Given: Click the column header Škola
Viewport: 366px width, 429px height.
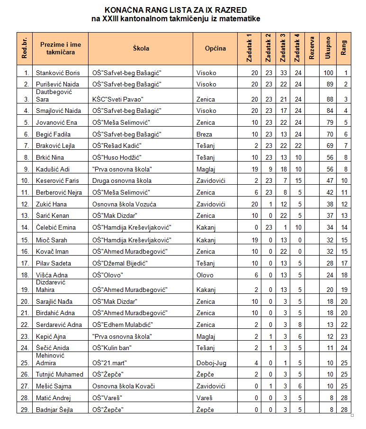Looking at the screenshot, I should pos(141,48).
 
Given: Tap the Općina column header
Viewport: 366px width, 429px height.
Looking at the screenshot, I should pos(215,48).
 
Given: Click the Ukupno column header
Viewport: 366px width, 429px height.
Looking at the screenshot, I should pos(328,48).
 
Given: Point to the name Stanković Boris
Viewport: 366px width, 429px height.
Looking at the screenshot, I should pos(58,73).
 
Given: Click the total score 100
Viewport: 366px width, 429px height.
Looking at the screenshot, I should pos(328,73).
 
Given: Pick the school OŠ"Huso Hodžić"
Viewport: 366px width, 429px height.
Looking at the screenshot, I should pos(117,157).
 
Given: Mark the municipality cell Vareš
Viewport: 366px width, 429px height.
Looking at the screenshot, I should pos(205,398).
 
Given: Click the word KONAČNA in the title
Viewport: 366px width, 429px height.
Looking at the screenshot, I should pos(125,10).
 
